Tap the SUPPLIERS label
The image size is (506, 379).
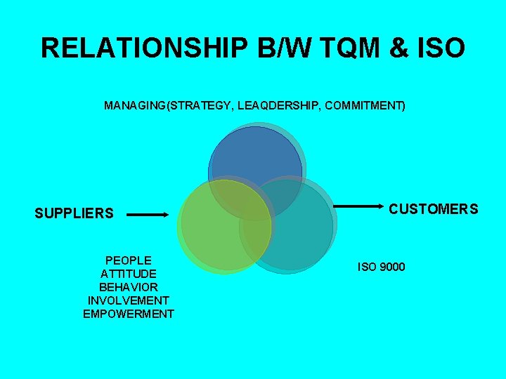[74, 213]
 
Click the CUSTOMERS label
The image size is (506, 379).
[434, 208]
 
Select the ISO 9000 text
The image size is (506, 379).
[382, 267]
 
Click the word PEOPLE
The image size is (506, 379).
[129, 260]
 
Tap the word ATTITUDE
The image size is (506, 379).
[129, 274]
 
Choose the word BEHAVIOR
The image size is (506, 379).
[129, 287]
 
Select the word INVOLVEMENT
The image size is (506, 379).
[129, 300]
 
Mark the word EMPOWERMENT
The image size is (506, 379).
[129, 314]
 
